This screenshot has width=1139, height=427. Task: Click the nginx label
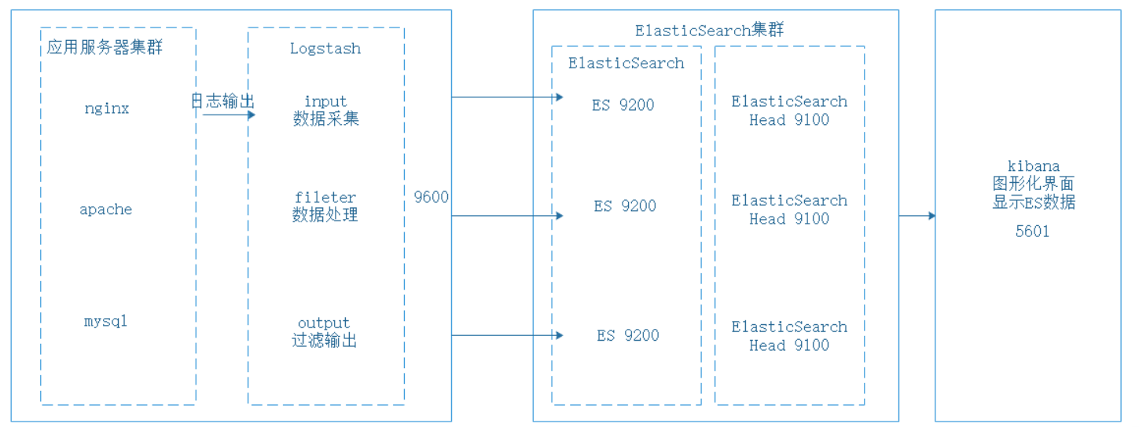(106, 108)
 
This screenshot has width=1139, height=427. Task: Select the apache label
(106, 210)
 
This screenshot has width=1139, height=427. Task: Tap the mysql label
(105, 321)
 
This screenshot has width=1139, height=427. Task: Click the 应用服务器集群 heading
(105, 48)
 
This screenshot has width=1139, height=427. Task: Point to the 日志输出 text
(223, 101)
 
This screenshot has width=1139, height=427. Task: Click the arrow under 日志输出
(228, 115)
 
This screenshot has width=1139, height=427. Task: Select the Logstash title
(325, 48)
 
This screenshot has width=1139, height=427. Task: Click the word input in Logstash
(325, 101)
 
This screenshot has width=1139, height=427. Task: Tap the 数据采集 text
(325, 119)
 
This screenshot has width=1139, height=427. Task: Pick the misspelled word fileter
(325, 197)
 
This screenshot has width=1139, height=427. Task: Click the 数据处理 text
(325, 215)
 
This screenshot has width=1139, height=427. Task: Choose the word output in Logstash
(324, 323)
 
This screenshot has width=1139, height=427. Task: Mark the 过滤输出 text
(324, 341)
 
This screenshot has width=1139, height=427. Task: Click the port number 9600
(431, 197)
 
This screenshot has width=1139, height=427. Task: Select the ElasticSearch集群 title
(709, 30)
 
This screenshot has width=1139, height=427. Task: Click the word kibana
(1034, 166)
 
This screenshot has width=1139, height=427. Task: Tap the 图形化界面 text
(1034, 184)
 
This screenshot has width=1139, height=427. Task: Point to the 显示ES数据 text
(1034, 203)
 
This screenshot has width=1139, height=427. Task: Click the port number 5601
(1032, 232)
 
